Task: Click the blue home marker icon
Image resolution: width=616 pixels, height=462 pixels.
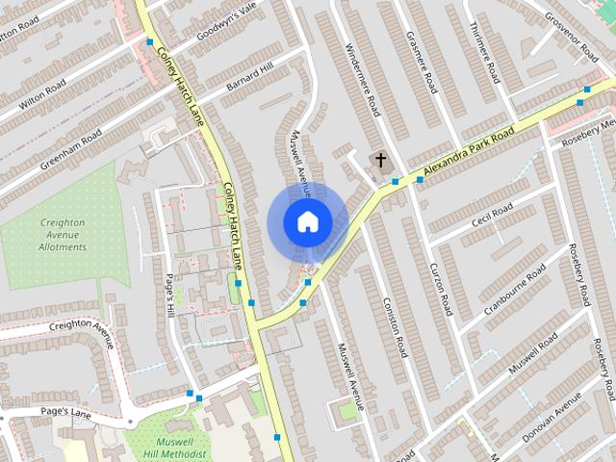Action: pos(307,221)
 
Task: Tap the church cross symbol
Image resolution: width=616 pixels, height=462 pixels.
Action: pos(380,160)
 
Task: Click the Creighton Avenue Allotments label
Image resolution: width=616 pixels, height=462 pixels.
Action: pos(64,235)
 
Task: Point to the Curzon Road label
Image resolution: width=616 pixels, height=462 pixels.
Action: pos(441,290)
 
